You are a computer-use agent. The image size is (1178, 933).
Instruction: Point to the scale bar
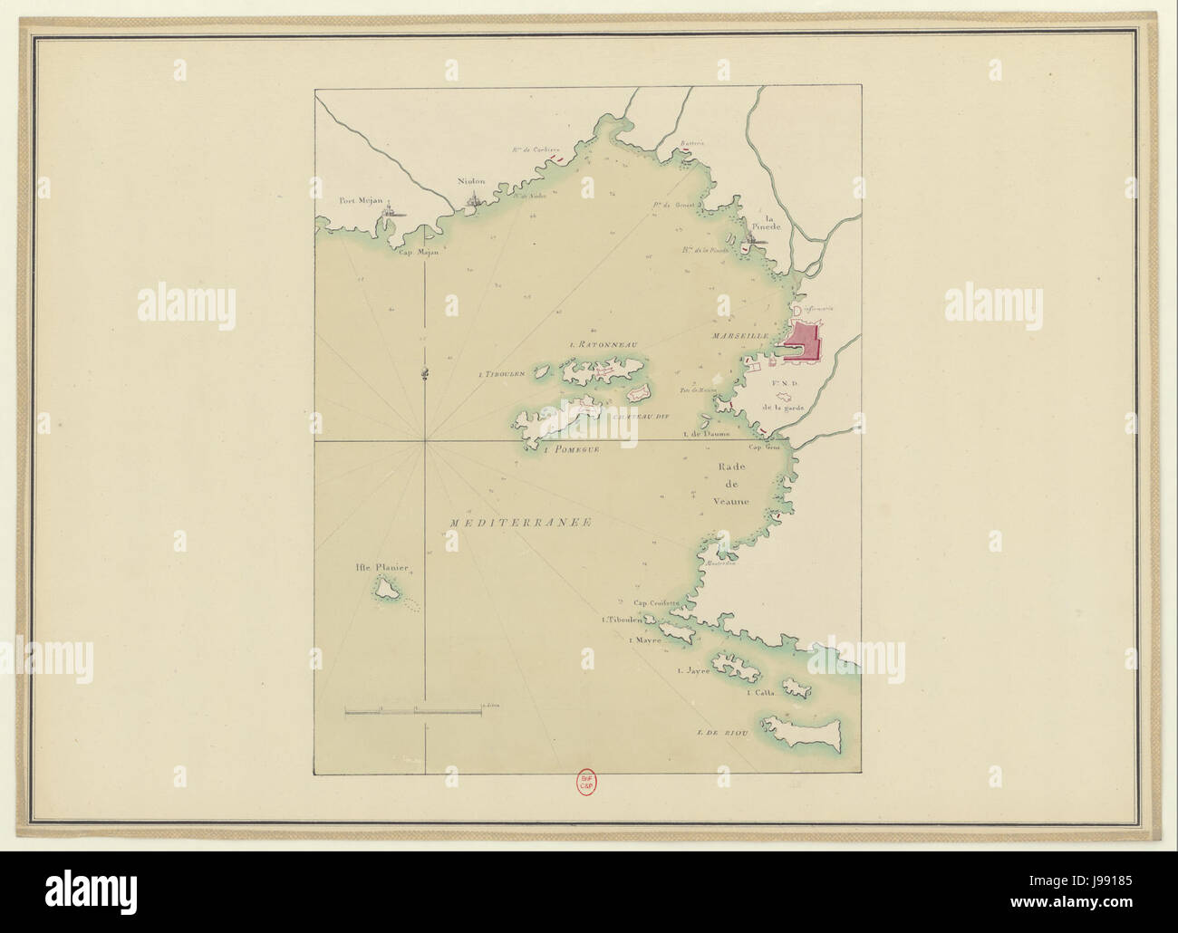(x=413, y=713)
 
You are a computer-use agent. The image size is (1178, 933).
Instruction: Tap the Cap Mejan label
(x=419, y=253)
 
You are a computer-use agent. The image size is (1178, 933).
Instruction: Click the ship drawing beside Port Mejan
(x=391, y=215)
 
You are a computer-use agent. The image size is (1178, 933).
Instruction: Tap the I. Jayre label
(x=692, y=671)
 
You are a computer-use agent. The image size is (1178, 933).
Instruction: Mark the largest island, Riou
(x=803, y=732)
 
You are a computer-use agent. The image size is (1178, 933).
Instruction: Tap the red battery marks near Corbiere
(x=549, y=161)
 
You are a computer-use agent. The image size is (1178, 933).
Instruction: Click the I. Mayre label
(x=643, y=640)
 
